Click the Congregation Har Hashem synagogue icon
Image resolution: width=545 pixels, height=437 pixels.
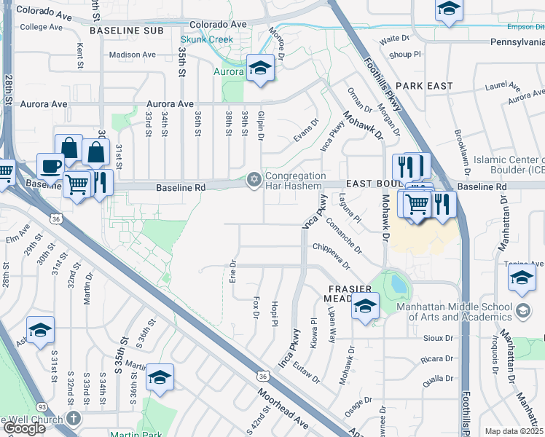(254, 178)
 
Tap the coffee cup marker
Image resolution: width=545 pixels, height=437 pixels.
(50, 166)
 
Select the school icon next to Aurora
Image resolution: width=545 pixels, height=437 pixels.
(260, 68)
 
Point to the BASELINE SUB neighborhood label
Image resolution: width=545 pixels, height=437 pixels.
(125, 31)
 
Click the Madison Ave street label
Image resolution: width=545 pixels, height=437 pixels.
(132, 55)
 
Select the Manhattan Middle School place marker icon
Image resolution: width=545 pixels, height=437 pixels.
(522, 311)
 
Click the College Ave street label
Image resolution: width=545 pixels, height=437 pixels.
(42, 27)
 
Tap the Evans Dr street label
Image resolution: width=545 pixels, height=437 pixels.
(306, 128)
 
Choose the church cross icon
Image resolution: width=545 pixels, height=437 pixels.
(73, 418)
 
